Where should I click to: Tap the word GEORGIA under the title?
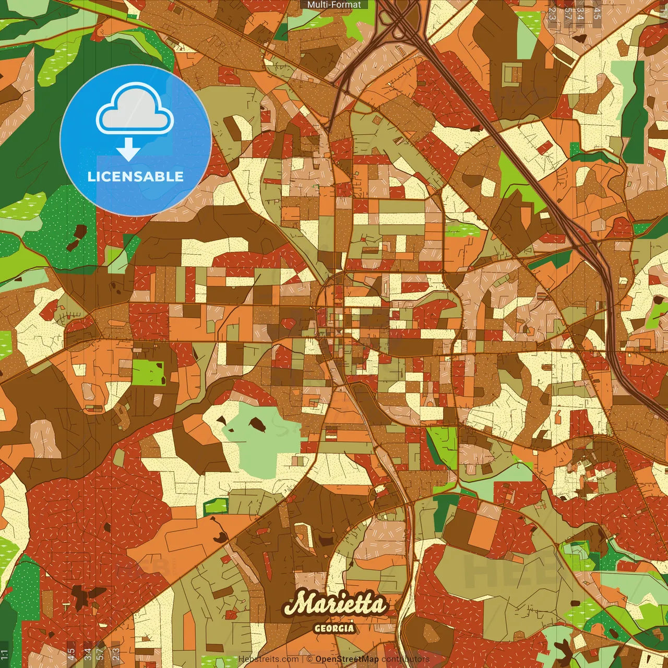tap(334, 628)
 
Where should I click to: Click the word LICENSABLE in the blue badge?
tap(136, 176)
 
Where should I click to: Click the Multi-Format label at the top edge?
tap(334, 5)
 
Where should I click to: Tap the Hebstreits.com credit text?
tap(268, 659)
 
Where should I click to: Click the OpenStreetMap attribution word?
tap(347, 659)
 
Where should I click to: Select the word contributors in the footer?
tap(405, 659)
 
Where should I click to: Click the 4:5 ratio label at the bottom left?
tap(71, 654)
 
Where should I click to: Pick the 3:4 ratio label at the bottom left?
tap(88, 654)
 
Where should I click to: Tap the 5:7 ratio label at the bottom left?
tap(100, 654)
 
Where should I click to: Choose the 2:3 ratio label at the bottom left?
tap(116, 654)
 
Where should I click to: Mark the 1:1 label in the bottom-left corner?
tap(5, 654)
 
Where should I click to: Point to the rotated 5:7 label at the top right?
tap(568, 14)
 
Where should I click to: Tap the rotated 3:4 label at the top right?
tap(580, 14)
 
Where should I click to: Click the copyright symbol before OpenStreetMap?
tap(309, 659)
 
